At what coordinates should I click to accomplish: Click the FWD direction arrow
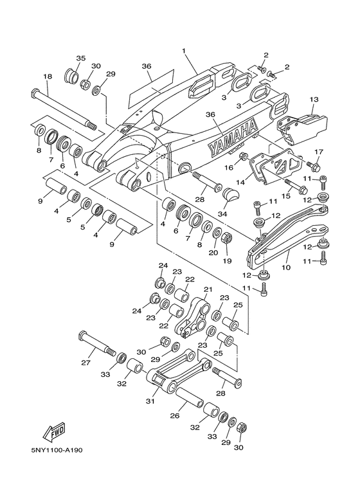click(x=54, y=432)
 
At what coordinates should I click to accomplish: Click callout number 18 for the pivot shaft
click(x=48, y=77)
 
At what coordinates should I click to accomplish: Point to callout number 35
click(x=81, y=59)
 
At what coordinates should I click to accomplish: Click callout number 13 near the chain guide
click(x=314, y=100)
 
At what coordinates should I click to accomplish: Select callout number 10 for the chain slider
click(x=286, y=267)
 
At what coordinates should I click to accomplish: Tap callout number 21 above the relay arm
click(x=208, y=289)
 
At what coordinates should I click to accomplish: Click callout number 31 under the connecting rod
click(x=150, y=402)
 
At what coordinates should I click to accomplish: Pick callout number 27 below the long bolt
click(x=86, y=363)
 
